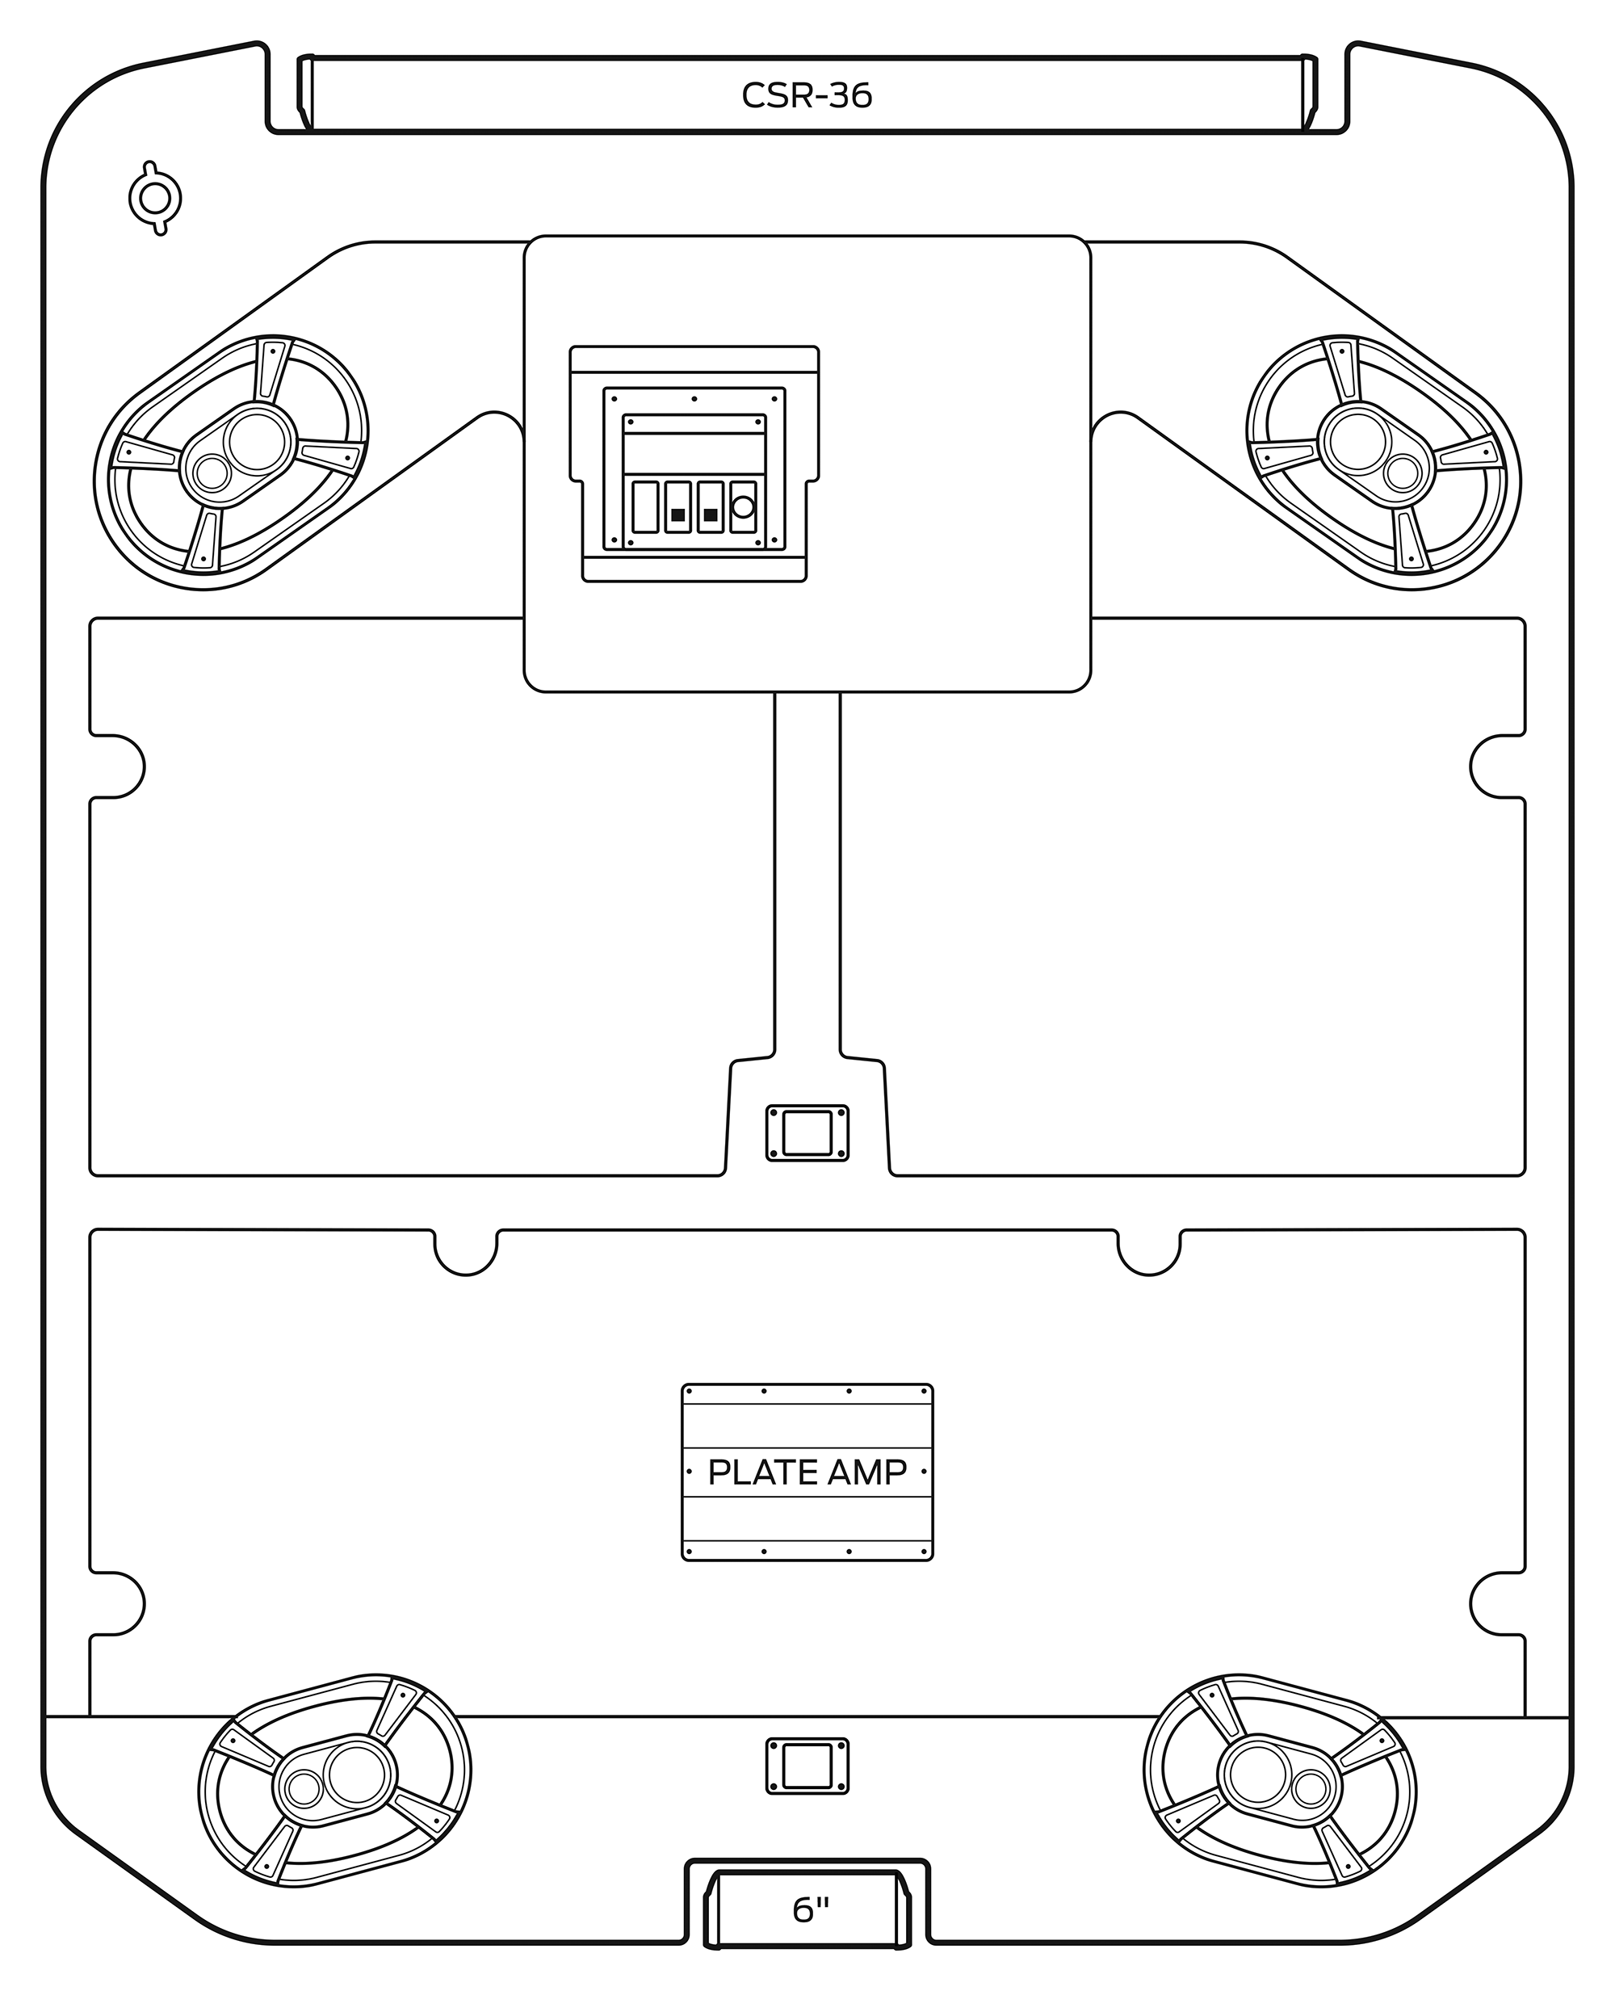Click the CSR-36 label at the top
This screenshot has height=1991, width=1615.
tap(807, 96)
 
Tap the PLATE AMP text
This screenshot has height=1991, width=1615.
tap(807, 1472)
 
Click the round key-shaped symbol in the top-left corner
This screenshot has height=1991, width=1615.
tap(154, 198)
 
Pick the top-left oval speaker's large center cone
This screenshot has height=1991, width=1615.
tap(257, 441)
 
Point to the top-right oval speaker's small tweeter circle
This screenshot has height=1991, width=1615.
tap(1401, 473)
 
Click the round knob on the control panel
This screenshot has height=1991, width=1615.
tap(742, 507)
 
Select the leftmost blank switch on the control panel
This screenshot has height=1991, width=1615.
tap(644, 507)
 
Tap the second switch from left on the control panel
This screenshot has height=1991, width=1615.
tap(678, 507)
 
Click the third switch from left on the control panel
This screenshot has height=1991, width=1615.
tap(711, 507)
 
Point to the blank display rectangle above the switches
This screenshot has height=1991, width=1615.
tap(694, 453)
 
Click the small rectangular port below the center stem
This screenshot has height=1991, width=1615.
tap(807, 1132)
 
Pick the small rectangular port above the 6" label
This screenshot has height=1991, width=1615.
tap(807, 1765)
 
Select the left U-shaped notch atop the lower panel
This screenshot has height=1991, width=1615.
tap(466, 1250)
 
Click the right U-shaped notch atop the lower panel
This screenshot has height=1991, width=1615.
tap(1149, 1250)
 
